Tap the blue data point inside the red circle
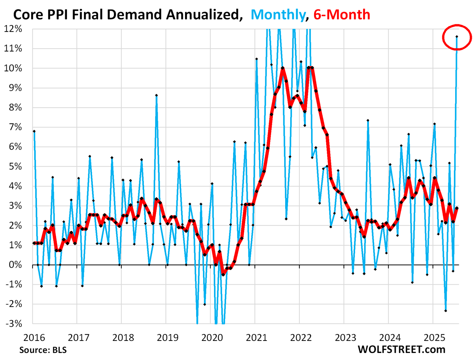coord(457,37)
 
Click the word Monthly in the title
coord(278,15)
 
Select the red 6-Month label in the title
coord(342,15)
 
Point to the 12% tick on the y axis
coord(13,29)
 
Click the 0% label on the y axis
coord(15,265)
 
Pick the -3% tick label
coord(14,324)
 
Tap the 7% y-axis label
coord(15,127)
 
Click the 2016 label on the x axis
coord(34,338)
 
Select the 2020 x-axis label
coord(212,338)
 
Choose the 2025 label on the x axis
coord(435,338)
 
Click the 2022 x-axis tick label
coord(301,338)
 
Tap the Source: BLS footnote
coord(43,350)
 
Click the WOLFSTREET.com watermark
coord(401,350)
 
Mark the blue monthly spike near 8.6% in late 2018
coord(156,95)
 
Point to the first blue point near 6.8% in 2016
coord(34,131)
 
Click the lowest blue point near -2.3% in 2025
coord(446,311)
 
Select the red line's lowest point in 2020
coord(223,274)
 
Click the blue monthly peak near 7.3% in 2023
coord(368,121)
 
